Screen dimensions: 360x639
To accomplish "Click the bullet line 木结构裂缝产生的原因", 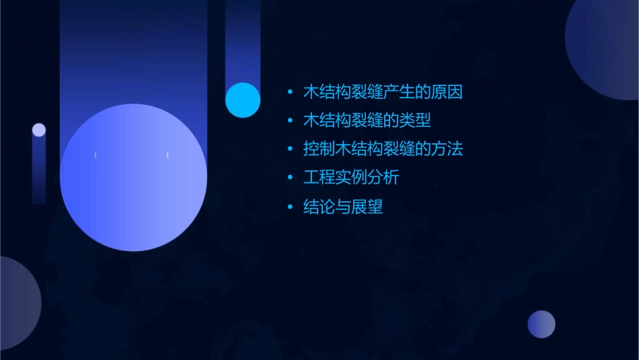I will tap(383, 92).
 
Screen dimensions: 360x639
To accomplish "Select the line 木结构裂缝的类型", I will tap(367, 121).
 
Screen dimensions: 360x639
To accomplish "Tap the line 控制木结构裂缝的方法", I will tap(383, 149).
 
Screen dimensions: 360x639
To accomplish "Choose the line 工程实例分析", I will tap(351, 178).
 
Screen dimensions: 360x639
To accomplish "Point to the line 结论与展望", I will tap(343, 207).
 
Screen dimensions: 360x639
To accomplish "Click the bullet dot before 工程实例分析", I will tap(290, 178).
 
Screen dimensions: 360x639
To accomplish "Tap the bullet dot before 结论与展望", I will tap(290, 207).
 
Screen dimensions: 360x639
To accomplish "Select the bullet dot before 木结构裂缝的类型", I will tap(290, 121).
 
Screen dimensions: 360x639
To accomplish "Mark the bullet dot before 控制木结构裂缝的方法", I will tap(290, 149).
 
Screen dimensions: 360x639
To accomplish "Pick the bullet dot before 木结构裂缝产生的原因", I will tap(290, 92).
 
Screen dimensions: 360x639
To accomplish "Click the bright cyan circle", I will tap(243, 100).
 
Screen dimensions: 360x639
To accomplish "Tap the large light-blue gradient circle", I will tap(133, 177).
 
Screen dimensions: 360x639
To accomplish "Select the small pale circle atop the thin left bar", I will tap(39, 130).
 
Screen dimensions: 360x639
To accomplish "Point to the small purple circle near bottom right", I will tap(541, 324).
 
